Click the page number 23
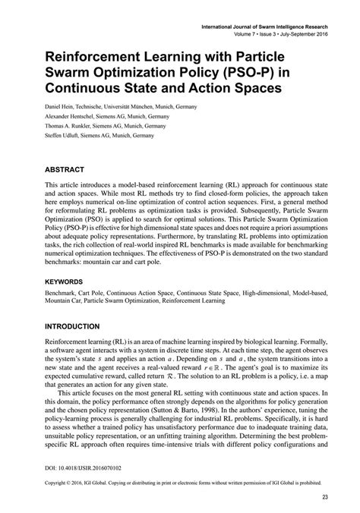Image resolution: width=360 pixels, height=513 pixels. [x=324, y=497]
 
